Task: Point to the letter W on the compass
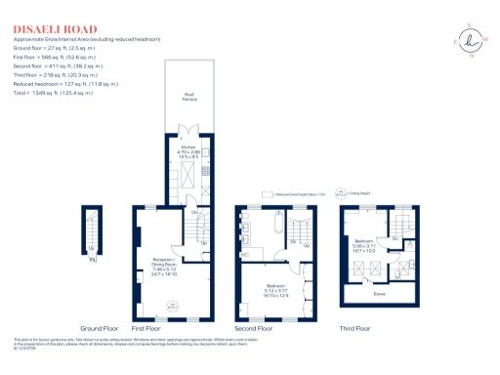[x=484, y=39]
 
